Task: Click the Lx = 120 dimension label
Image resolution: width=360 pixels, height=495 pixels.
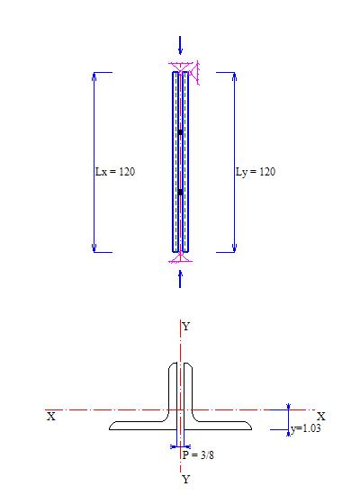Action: coord(115,172)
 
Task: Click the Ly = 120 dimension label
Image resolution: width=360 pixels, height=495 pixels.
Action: coord(256,172)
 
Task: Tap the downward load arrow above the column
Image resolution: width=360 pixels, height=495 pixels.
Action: coord(180,45)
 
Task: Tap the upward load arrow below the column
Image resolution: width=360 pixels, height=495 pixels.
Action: coord(180,279)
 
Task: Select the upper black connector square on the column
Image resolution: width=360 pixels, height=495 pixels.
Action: coord(180,132)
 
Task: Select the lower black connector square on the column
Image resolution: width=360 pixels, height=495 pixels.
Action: coord(180,192)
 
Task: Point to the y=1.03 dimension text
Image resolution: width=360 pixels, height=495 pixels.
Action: coord(306,428)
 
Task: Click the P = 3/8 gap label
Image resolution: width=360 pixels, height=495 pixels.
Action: coord(198,454)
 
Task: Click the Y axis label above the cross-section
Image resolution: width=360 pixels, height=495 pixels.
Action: coord(186,327)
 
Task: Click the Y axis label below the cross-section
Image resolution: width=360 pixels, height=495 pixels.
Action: coord(186,480)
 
